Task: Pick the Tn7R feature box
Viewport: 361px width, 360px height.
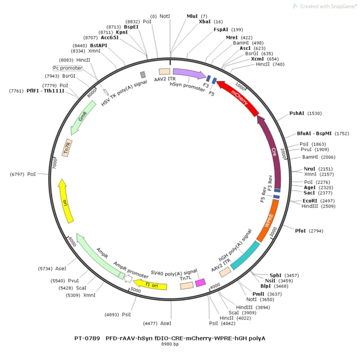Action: point(67,147)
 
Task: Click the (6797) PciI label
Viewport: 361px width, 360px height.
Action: point(23,174)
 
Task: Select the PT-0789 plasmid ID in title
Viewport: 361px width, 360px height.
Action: point(87,337)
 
